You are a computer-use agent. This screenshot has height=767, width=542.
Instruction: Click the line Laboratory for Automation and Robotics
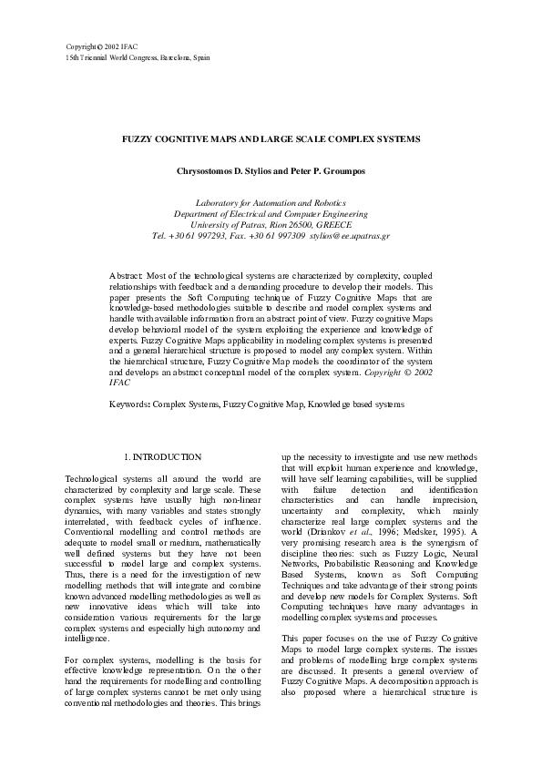point(271,202)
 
